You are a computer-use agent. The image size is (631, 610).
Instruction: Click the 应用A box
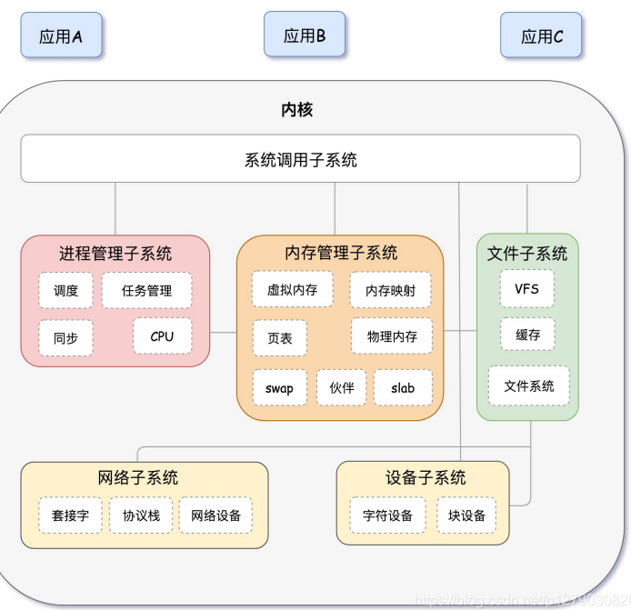[61, 35]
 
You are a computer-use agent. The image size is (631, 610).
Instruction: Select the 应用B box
[305, 35]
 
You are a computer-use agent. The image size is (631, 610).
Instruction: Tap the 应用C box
[542, 35]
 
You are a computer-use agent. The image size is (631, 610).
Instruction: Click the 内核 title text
[297, 110]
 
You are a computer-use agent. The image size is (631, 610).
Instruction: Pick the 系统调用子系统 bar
[300, 159]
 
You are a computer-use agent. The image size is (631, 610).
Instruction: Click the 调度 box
[65, 291]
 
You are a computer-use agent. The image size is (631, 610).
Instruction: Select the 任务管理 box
[146, 291]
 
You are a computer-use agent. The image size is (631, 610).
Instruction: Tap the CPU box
[162, 336]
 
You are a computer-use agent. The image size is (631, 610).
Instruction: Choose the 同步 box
[65, 338]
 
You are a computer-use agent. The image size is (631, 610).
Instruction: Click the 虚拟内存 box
[293, 290]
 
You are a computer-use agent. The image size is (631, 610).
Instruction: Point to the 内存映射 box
[390, 291]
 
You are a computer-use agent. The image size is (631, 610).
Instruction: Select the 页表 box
[280, 337]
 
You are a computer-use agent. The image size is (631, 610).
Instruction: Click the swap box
[280, 388]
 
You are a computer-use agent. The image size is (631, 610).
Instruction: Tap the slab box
[403, 388]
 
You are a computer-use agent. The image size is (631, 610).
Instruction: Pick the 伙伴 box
[342, 388]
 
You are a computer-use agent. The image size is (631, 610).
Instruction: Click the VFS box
[527, 289]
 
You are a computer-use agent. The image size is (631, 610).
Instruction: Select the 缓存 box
[527, 335]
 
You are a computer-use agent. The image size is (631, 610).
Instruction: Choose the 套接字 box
[71, 515]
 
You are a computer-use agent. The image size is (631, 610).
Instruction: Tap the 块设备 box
[466, 515]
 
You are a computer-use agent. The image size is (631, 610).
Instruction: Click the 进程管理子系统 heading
[115, 254]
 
